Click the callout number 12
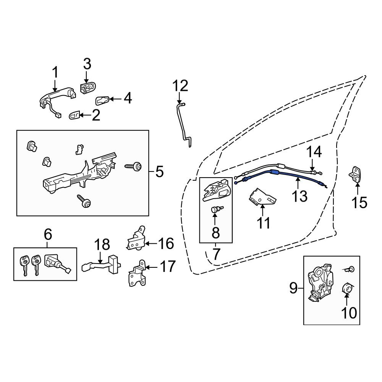coord(180,86)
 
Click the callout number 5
coord(159,172)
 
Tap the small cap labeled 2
coord(74,115)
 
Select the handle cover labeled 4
coord(102,100)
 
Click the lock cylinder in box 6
coord(57,263)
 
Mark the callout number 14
coord(314,152)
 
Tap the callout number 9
coord(293,288)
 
